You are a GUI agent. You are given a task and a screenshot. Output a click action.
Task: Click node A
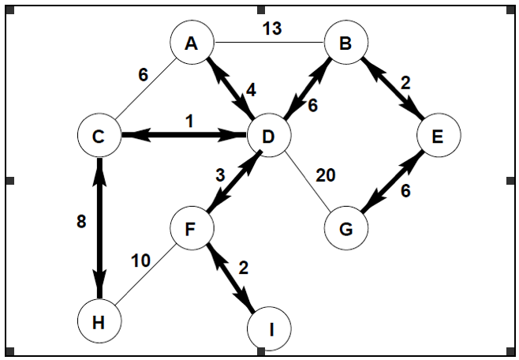192,44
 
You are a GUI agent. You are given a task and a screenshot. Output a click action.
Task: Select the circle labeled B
345,44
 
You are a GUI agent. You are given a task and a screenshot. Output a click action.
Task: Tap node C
99,136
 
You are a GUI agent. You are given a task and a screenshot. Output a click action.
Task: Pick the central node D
268,136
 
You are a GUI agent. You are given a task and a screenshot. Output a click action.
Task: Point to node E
438,136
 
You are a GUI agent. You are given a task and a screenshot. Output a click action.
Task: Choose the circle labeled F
192,230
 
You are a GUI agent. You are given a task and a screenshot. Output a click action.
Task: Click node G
345,230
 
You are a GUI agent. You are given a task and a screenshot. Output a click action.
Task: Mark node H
99,322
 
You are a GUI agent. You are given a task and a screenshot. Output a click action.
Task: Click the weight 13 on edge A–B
271,29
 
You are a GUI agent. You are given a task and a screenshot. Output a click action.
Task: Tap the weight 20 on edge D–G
326,174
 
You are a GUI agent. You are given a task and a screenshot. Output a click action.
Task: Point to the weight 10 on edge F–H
141,261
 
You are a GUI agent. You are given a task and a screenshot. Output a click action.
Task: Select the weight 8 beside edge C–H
81,222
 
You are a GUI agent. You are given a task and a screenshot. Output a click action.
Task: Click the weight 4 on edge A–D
251,90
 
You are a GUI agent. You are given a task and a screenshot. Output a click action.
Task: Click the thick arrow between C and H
99,229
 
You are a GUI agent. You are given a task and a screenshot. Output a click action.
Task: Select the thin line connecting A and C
146,89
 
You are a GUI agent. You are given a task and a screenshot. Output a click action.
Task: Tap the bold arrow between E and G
391,183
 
